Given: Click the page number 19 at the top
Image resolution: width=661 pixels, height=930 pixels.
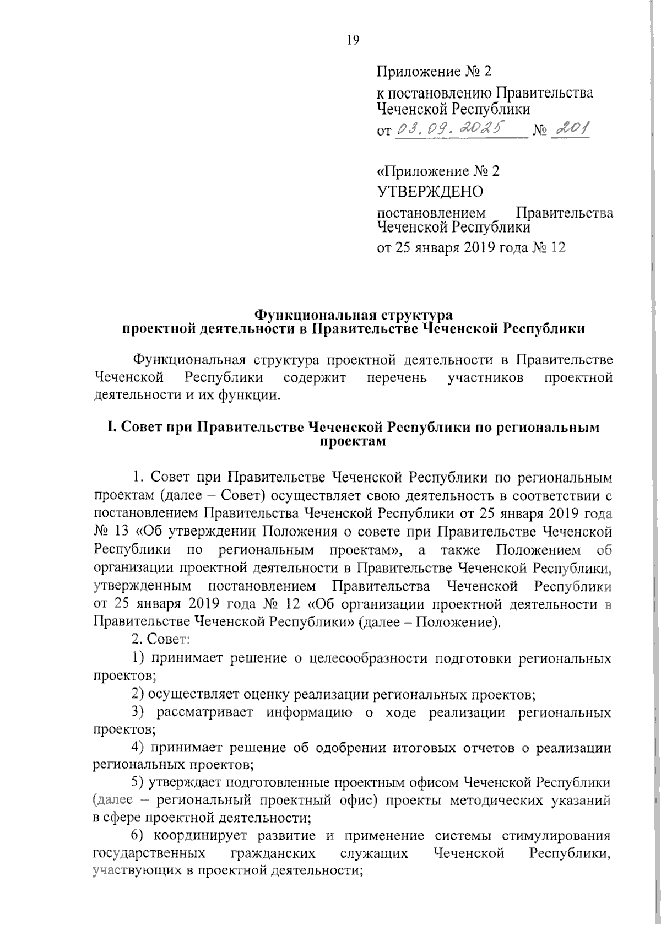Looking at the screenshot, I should pyautogui.click(x=353, y=40).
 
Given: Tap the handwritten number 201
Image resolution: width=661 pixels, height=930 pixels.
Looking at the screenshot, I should pyautogui.click(x=570, y=129).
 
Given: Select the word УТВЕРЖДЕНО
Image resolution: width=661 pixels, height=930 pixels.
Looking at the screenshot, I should pyautogui.click(x=430, y=192).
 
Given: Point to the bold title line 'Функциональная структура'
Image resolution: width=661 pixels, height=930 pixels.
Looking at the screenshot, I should pyautogui.click(x=353, y=316).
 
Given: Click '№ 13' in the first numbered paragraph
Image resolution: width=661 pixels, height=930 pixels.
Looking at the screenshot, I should pyautogui.click(x=108, y=532).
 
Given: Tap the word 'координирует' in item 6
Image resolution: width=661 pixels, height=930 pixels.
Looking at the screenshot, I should pyautogui.click(x=202, y=836).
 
